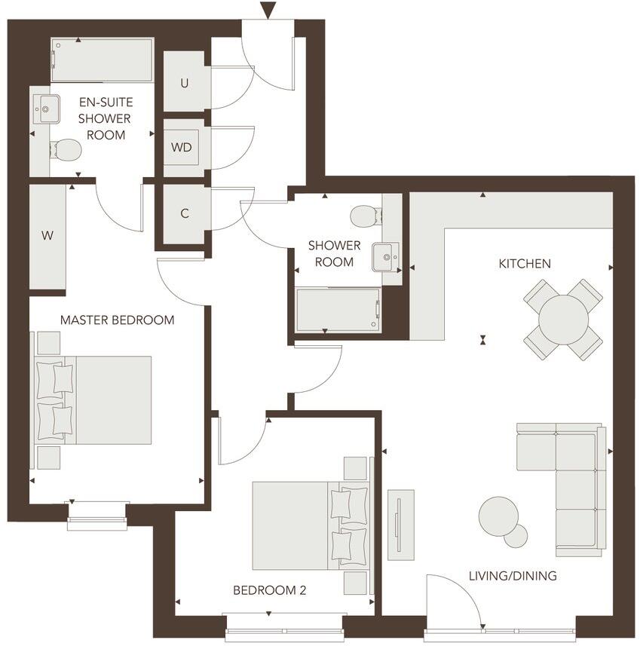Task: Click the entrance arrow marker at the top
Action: pos(268,10)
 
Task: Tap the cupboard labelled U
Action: pos(185,83)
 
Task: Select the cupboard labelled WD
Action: pos(182,147)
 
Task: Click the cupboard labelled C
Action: pos(184,213)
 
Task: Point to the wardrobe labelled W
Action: pos(47,236)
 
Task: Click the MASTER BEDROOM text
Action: pos(117,320)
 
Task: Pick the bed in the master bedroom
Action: pos(94,400)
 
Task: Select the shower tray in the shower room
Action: pos(337,310)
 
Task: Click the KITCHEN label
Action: pos(525,264)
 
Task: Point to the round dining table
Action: pos(563,319)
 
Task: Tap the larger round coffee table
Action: pos(498,516)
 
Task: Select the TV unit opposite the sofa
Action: pos(400,525)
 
